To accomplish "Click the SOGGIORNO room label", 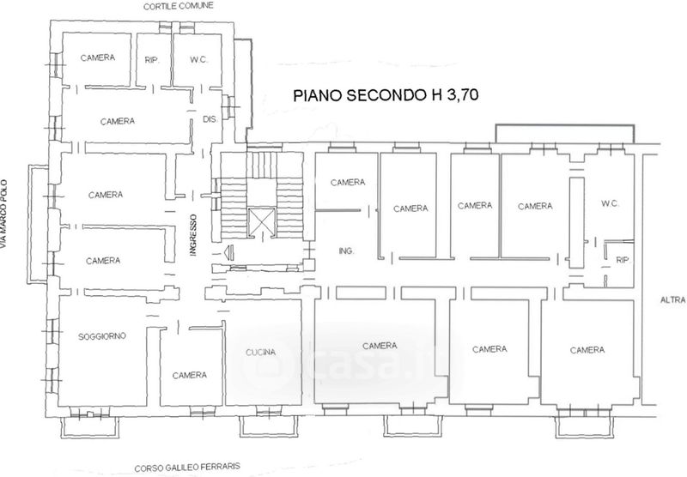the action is tap(102, 336).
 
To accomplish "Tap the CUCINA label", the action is tap(260, 352).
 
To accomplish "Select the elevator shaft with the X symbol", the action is tap(262, 223).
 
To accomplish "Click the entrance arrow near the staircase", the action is tap(228, 252).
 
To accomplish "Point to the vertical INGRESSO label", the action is tap(194, 234).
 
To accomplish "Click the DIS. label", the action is tap(210, 119).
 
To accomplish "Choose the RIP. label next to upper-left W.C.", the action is tap(152, 60).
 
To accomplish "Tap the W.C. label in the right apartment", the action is tap(610, 203).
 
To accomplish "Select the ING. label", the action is tap(346, 251).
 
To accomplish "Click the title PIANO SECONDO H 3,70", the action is tap(386, 95).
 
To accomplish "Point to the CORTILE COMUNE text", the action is tap(179, 6).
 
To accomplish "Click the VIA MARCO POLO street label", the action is tap(4, 214).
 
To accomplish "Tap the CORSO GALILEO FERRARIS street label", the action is tap(187, 467).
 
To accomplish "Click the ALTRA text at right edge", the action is tap(673, 300).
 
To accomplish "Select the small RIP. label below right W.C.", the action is tap(623, 260).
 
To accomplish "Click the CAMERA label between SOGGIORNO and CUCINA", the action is tap(189, 375).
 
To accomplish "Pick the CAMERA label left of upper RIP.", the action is tap(98, 57).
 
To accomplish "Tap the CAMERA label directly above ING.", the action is tap(348, 182).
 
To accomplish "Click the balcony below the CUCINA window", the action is tap(269, 426).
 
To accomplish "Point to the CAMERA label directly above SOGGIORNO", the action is tap(103, 261).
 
